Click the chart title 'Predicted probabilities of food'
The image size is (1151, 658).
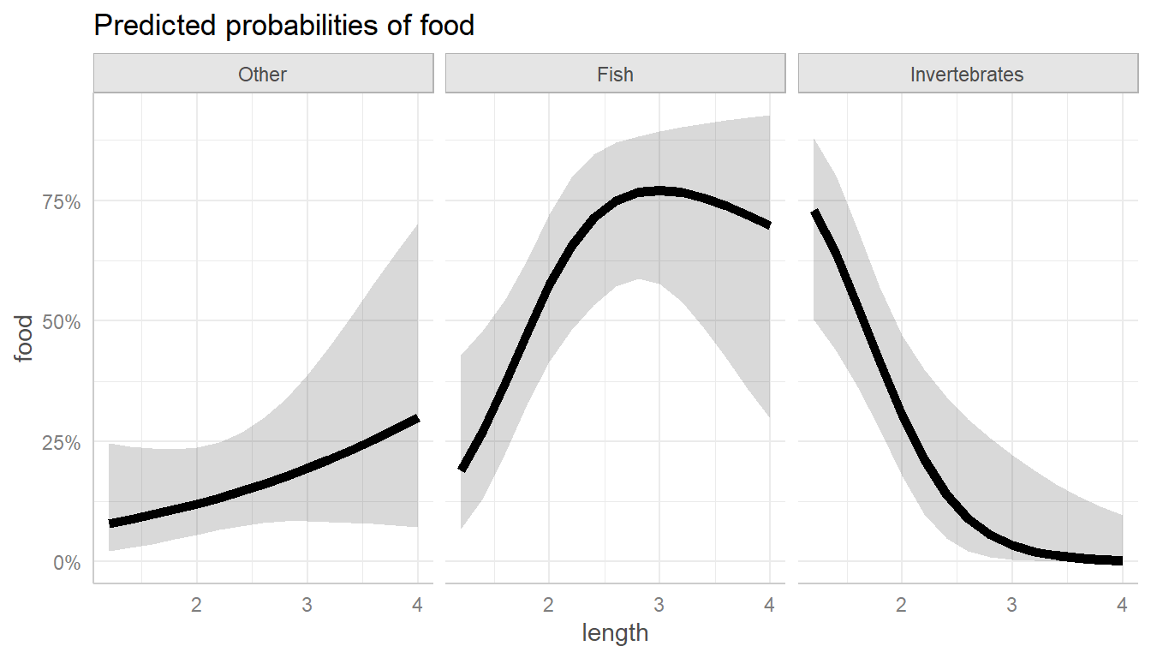point(283,26)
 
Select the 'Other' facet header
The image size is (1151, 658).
point(263,75)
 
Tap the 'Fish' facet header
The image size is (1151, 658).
point(615,75)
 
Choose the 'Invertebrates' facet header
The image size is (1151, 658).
point(967,75)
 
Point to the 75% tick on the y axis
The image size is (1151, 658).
point(62,202)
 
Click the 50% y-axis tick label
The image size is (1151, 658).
point(62,322)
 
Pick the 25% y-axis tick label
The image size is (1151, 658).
point(62,443)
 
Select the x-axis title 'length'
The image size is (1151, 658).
point(615,634)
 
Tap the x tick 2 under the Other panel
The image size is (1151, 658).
point(197,604)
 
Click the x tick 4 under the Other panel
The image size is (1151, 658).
point(417,604)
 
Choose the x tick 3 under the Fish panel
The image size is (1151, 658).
point(659,604)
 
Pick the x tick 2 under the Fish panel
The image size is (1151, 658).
point(549,604)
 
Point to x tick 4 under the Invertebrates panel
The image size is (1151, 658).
point(1122,604)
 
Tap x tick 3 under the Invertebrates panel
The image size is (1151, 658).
point(1011,604)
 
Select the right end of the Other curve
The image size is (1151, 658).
point(417,418)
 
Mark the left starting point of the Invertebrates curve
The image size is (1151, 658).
point(814,212)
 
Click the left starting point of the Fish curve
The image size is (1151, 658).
point(462,469)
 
